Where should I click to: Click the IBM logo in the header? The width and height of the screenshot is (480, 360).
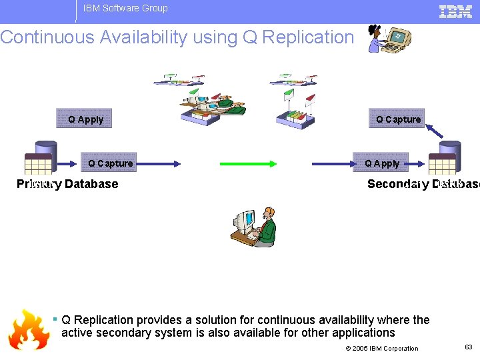point(455,11)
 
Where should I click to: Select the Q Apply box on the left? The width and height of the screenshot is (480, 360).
point(85,119)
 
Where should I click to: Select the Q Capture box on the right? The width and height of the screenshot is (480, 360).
point(397,119)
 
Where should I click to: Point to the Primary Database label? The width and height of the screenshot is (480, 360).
point(67,184)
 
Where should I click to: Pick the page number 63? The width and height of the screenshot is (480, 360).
point(467,347)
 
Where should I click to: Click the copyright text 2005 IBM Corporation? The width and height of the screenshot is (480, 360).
point(382,348)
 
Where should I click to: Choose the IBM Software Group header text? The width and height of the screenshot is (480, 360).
point(125,9)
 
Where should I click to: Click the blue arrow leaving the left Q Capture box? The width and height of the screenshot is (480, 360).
point(157,163)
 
